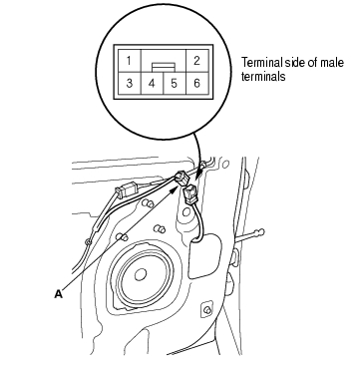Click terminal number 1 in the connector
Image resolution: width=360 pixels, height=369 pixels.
pos(128,61)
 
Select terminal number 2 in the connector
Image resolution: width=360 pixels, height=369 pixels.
pos(196,61)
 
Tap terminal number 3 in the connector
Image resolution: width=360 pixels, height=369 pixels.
pos(130,83)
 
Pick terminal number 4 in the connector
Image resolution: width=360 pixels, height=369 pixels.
pos(152,83)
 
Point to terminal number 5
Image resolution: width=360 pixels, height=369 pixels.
pos(175,83)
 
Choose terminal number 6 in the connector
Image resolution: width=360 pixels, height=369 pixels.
pos(196,83)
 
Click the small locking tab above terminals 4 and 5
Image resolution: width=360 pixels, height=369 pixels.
pos(164,68)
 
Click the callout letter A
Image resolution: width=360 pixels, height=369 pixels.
pos(59,293)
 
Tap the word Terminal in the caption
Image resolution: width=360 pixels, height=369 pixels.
pos(260,63)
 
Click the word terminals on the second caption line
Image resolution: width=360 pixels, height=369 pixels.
pos(263,77)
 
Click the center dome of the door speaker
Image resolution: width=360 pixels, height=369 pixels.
pos(141,275)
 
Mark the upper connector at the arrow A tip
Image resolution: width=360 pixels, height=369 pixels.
pos(182,179)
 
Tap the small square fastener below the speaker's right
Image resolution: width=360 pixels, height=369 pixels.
pos(206,310)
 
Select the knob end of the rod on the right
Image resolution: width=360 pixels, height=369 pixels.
pos(260,232)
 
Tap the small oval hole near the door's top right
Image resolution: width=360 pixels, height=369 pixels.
pos(225,165)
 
